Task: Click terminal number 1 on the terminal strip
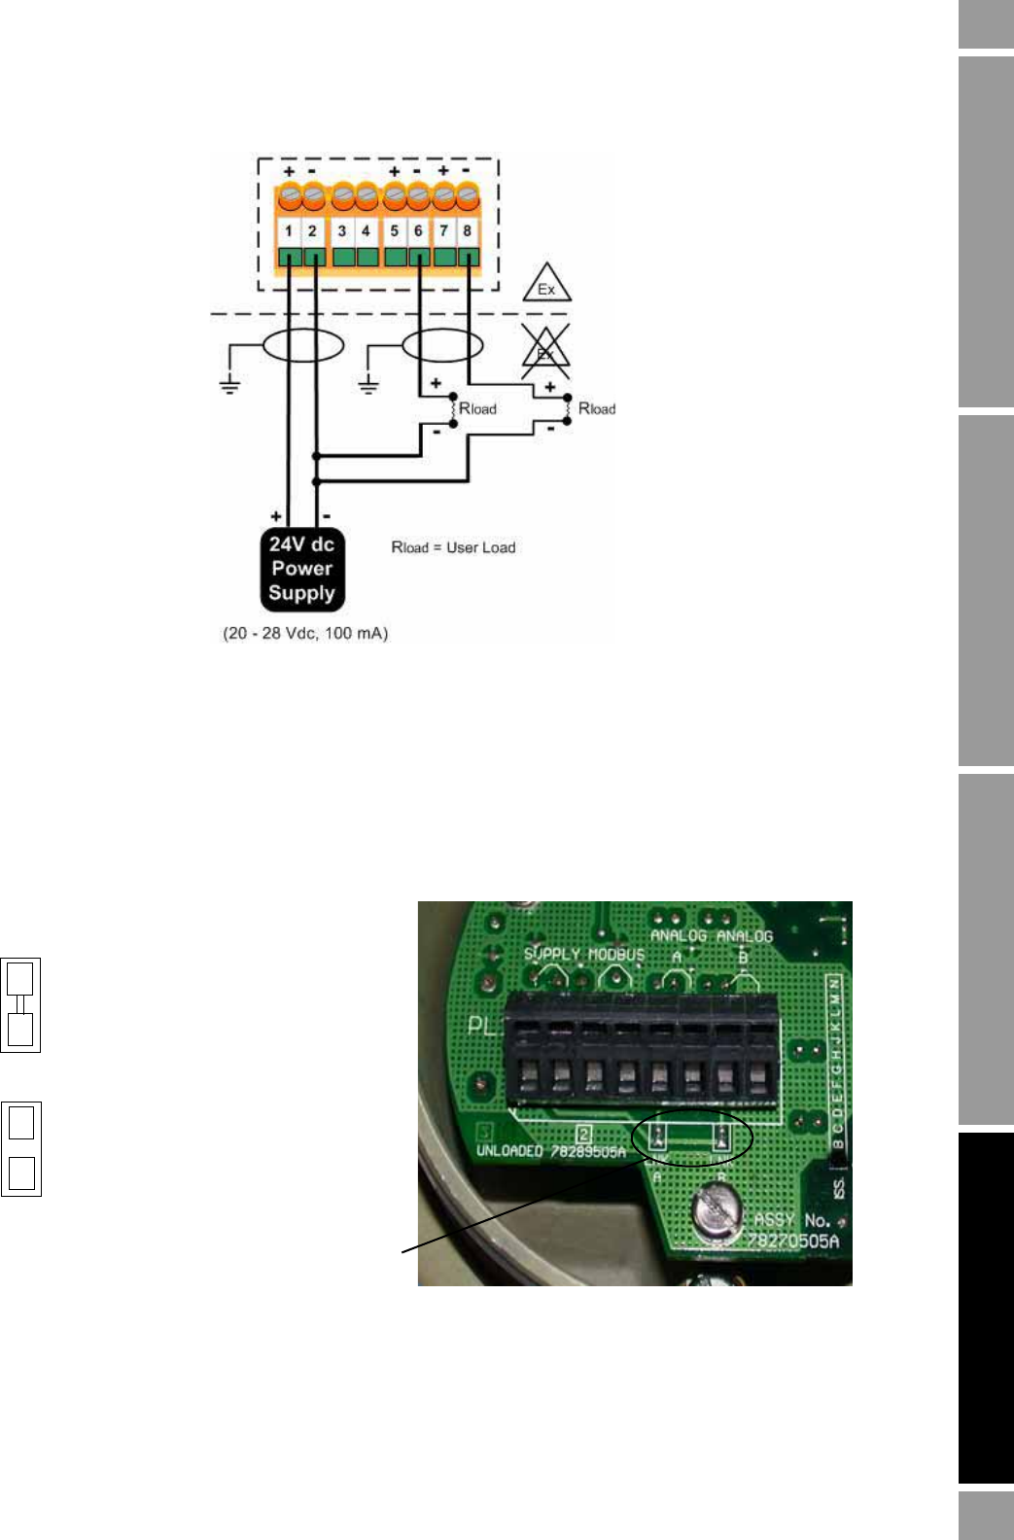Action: [289, 231]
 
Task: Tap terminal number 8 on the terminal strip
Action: [468, 231]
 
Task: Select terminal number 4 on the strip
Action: [366, 231]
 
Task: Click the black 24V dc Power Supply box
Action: [301, 569]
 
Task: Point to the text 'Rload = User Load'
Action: [453, 547]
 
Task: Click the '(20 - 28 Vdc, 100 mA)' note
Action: [305, 633]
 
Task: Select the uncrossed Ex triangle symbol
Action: [546, 284]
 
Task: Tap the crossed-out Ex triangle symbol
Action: [545, 352]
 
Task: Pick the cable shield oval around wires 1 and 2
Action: [302, 345]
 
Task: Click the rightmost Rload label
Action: [597, 408]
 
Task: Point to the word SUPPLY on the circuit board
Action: [551, 954]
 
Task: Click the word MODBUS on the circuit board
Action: [616, 954]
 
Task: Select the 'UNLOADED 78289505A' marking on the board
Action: [550, 1151]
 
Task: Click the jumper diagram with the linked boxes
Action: [20, 1004]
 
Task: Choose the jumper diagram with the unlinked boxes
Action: [20, 1148]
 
